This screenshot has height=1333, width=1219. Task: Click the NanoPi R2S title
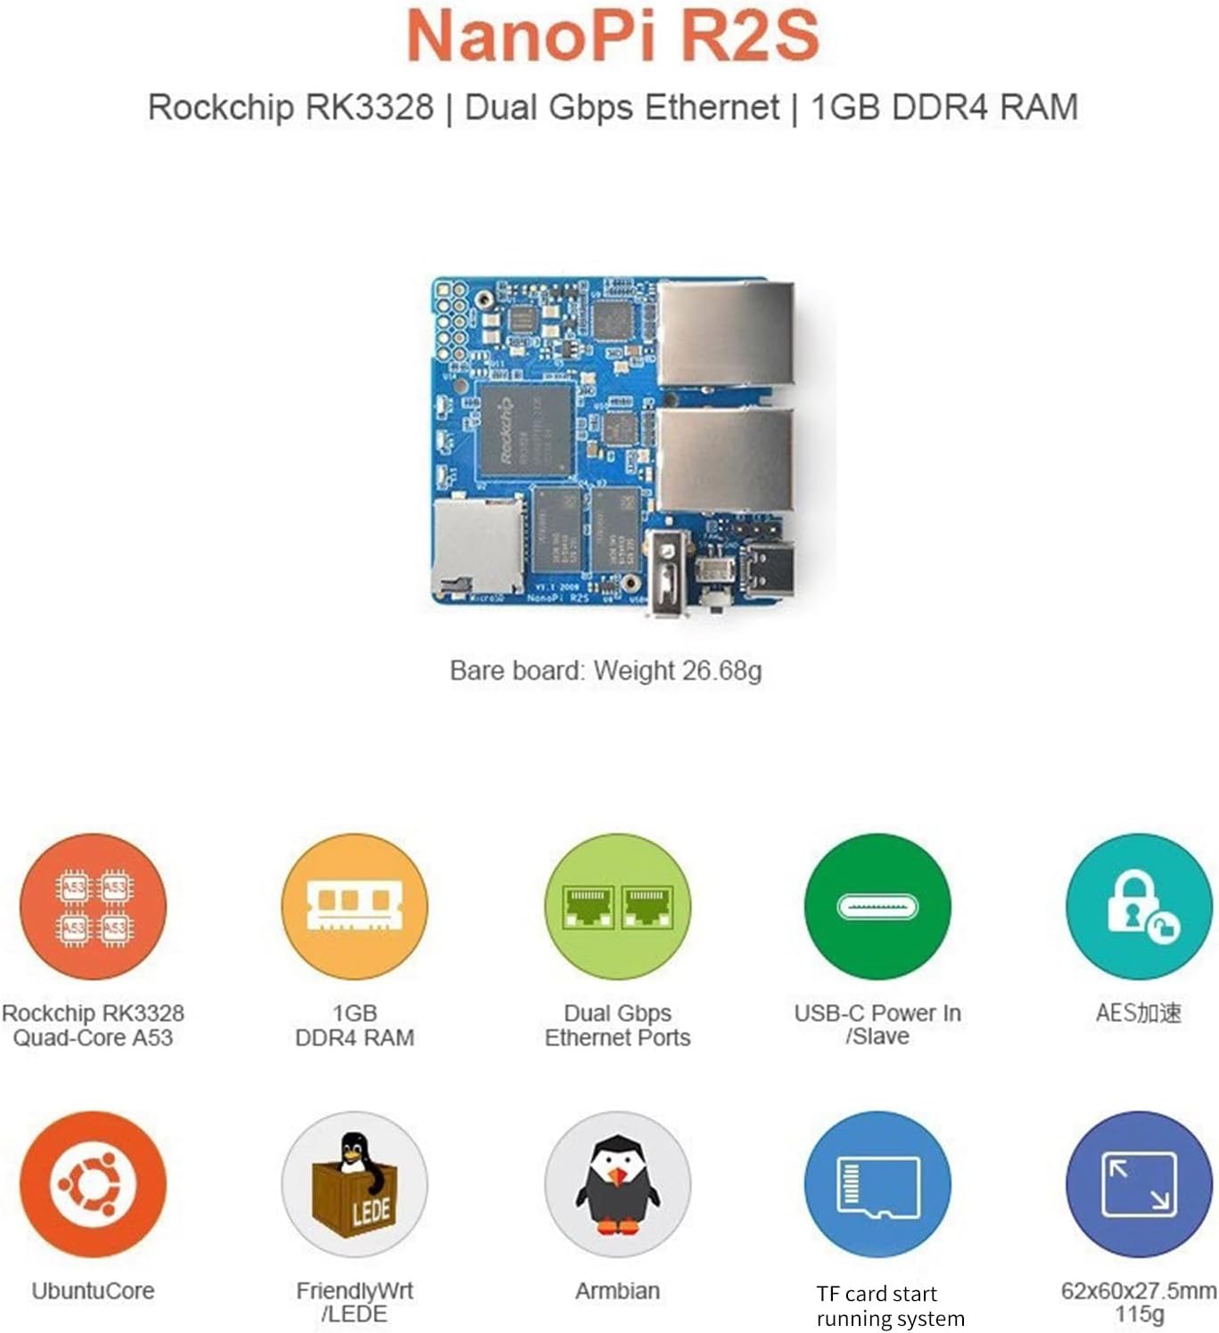[x=613, y=36]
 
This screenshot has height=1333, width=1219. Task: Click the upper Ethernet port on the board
[x=726, y=333]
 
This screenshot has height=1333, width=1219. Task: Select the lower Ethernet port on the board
[x=726, y=460]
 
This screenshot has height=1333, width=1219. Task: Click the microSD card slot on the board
[x=476, y=545]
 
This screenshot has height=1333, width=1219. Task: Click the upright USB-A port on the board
[x=668, y=572]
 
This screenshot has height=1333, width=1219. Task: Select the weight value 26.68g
[x=721, y=671]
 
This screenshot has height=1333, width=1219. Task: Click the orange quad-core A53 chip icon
[x=94, y=907]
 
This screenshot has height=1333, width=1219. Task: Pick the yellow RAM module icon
[x=355, y=907]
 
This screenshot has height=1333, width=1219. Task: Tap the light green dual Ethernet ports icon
[x=617, y=907]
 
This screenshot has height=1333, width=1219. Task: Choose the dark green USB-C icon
[x=877, y=907]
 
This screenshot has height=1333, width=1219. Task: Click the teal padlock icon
[x=1139, y=907]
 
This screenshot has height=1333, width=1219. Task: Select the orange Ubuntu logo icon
[x=94, y=1184]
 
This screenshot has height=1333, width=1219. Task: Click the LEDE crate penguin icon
[x=355, y=1184]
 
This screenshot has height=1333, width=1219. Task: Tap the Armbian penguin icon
[x=617, y=1184]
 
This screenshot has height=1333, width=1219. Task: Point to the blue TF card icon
[x=877, y=1184]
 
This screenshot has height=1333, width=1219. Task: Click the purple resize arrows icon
[x=1139, y=1184]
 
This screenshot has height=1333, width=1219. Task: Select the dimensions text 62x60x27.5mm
[x=1139, y=1291]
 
